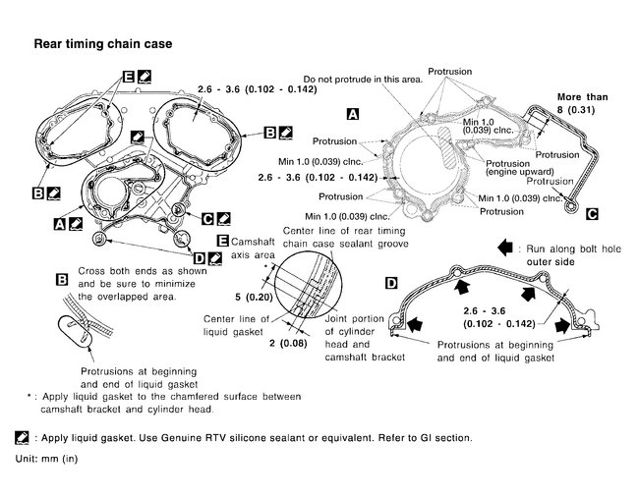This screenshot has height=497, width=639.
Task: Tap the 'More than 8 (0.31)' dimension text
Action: (x=582, y=104)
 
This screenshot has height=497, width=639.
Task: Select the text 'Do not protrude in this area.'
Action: (x=362, y=79)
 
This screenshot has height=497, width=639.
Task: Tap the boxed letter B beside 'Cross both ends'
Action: (x=61, y=280)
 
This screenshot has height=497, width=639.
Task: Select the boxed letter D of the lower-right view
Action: (x=391, y=283)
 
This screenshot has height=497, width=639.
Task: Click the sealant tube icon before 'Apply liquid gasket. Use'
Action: (x=22, y=437)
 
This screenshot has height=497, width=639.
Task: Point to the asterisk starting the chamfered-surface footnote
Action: (x=31, y=396)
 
